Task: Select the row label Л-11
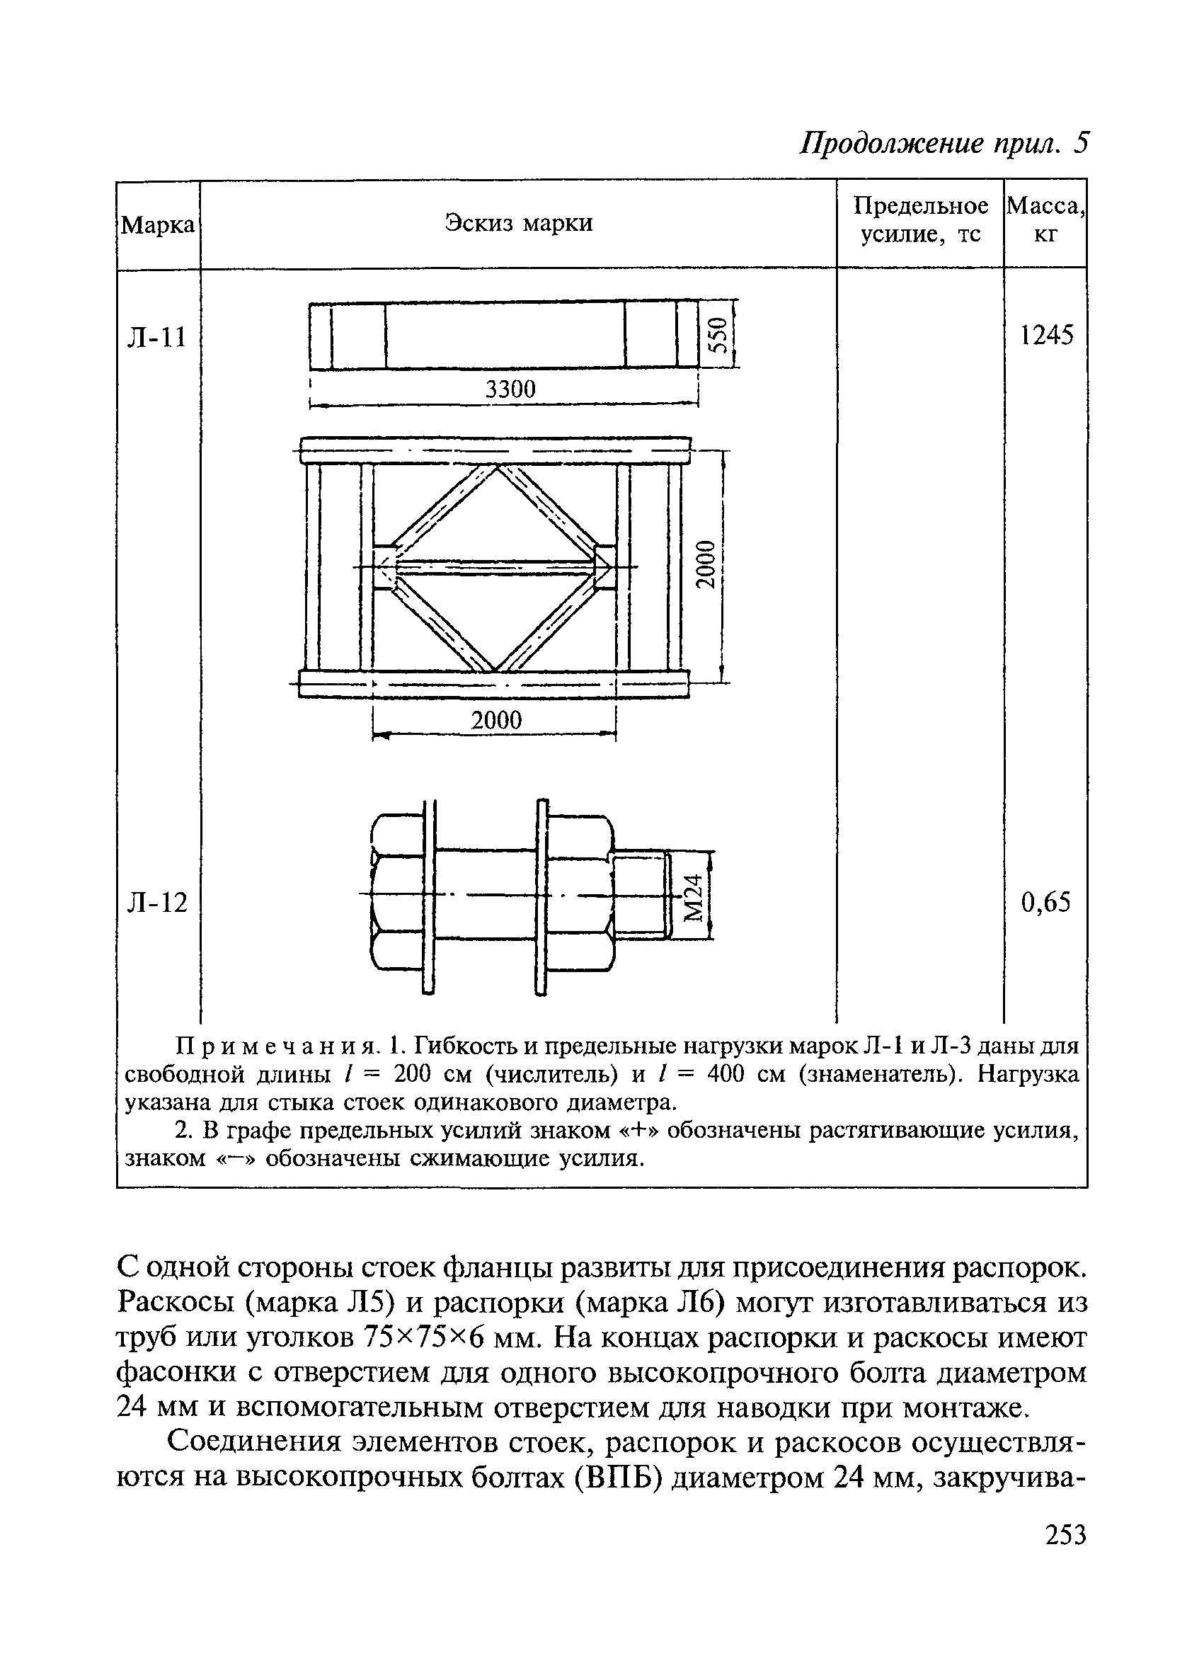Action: (158, 337)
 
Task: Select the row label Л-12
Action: (158, 902)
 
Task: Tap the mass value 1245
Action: (1046, 336)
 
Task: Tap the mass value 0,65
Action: (1045, 901)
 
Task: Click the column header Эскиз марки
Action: (518, 223)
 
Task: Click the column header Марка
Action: (158, 225)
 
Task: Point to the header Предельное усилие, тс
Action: (920, 219)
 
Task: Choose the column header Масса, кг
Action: (1045, 219)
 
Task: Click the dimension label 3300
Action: (510, 389)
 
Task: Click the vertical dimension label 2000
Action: (707, 564)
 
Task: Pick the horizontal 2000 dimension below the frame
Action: (495, 720)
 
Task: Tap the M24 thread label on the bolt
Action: (694, 894)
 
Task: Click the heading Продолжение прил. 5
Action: (944, 143)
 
